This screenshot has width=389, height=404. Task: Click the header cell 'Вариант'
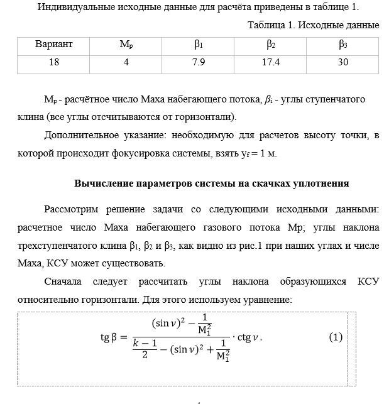pos(54,45)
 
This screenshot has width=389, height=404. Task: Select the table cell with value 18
pos(54,62)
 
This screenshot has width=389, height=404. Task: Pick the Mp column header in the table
pos(126,45)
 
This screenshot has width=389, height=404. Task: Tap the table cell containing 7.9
pos(198,62)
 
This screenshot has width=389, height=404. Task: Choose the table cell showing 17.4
pos(271,62)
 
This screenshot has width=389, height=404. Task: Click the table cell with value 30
pos(342,62)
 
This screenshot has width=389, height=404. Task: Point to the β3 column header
pos(342,45)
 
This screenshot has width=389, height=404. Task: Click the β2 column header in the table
pos(271,45)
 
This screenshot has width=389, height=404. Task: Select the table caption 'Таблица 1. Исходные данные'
pos(314,26)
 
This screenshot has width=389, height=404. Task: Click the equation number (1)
pos(336,337)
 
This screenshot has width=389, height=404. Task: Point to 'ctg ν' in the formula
pos(247,337)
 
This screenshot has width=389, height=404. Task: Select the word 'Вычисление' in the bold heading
pos(101,184)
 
